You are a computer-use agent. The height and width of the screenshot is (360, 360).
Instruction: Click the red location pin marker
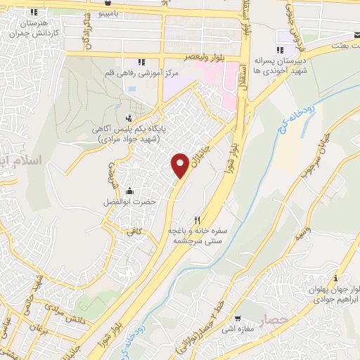tap(180, 165)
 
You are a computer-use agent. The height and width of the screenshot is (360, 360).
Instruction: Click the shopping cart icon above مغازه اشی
tap(238, 317)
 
